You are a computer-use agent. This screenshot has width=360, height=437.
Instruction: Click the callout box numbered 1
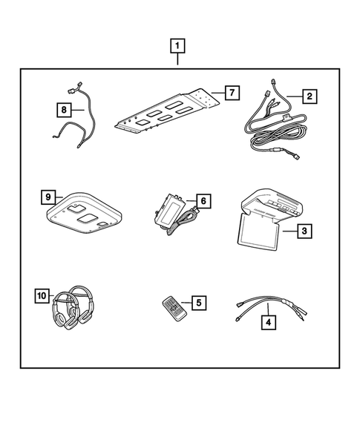tap(178, 47)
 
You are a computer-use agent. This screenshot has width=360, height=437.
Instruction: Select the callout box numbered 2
tap(310, 95)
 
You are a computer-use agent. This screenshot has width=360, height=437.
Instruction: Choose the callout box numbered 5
tap(198, 302)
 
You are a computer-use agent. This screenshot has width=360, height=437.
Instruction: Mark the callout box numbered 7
tap(232, 93)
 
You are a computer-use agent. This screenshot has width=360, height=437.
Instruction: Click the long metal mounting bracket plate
tap(167, 111)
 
